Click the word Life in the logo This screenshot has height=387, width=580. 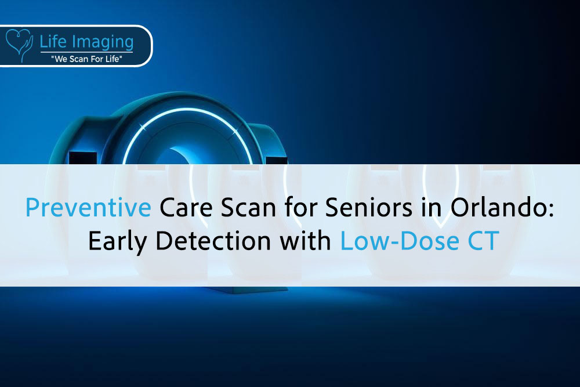(x=53, y=41)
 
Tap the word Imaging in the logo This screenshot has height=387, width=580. (x=103, y=42)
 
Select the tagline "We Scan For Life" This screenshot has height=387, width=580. (x=86, y=59)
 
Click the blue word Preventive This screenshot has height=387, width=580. (x=88, y=207)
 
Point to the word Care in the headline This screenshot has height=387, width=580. (x=186, y=207)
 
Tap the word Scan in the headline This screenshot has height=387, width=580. (x=249, y=207)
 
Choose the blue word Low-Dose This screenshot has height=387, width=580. (x=400, y=241)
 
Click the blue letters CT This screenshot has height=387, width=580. (x=484, y=241)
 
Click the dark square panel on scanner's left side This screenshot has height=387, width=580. (x=83, y=158)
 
